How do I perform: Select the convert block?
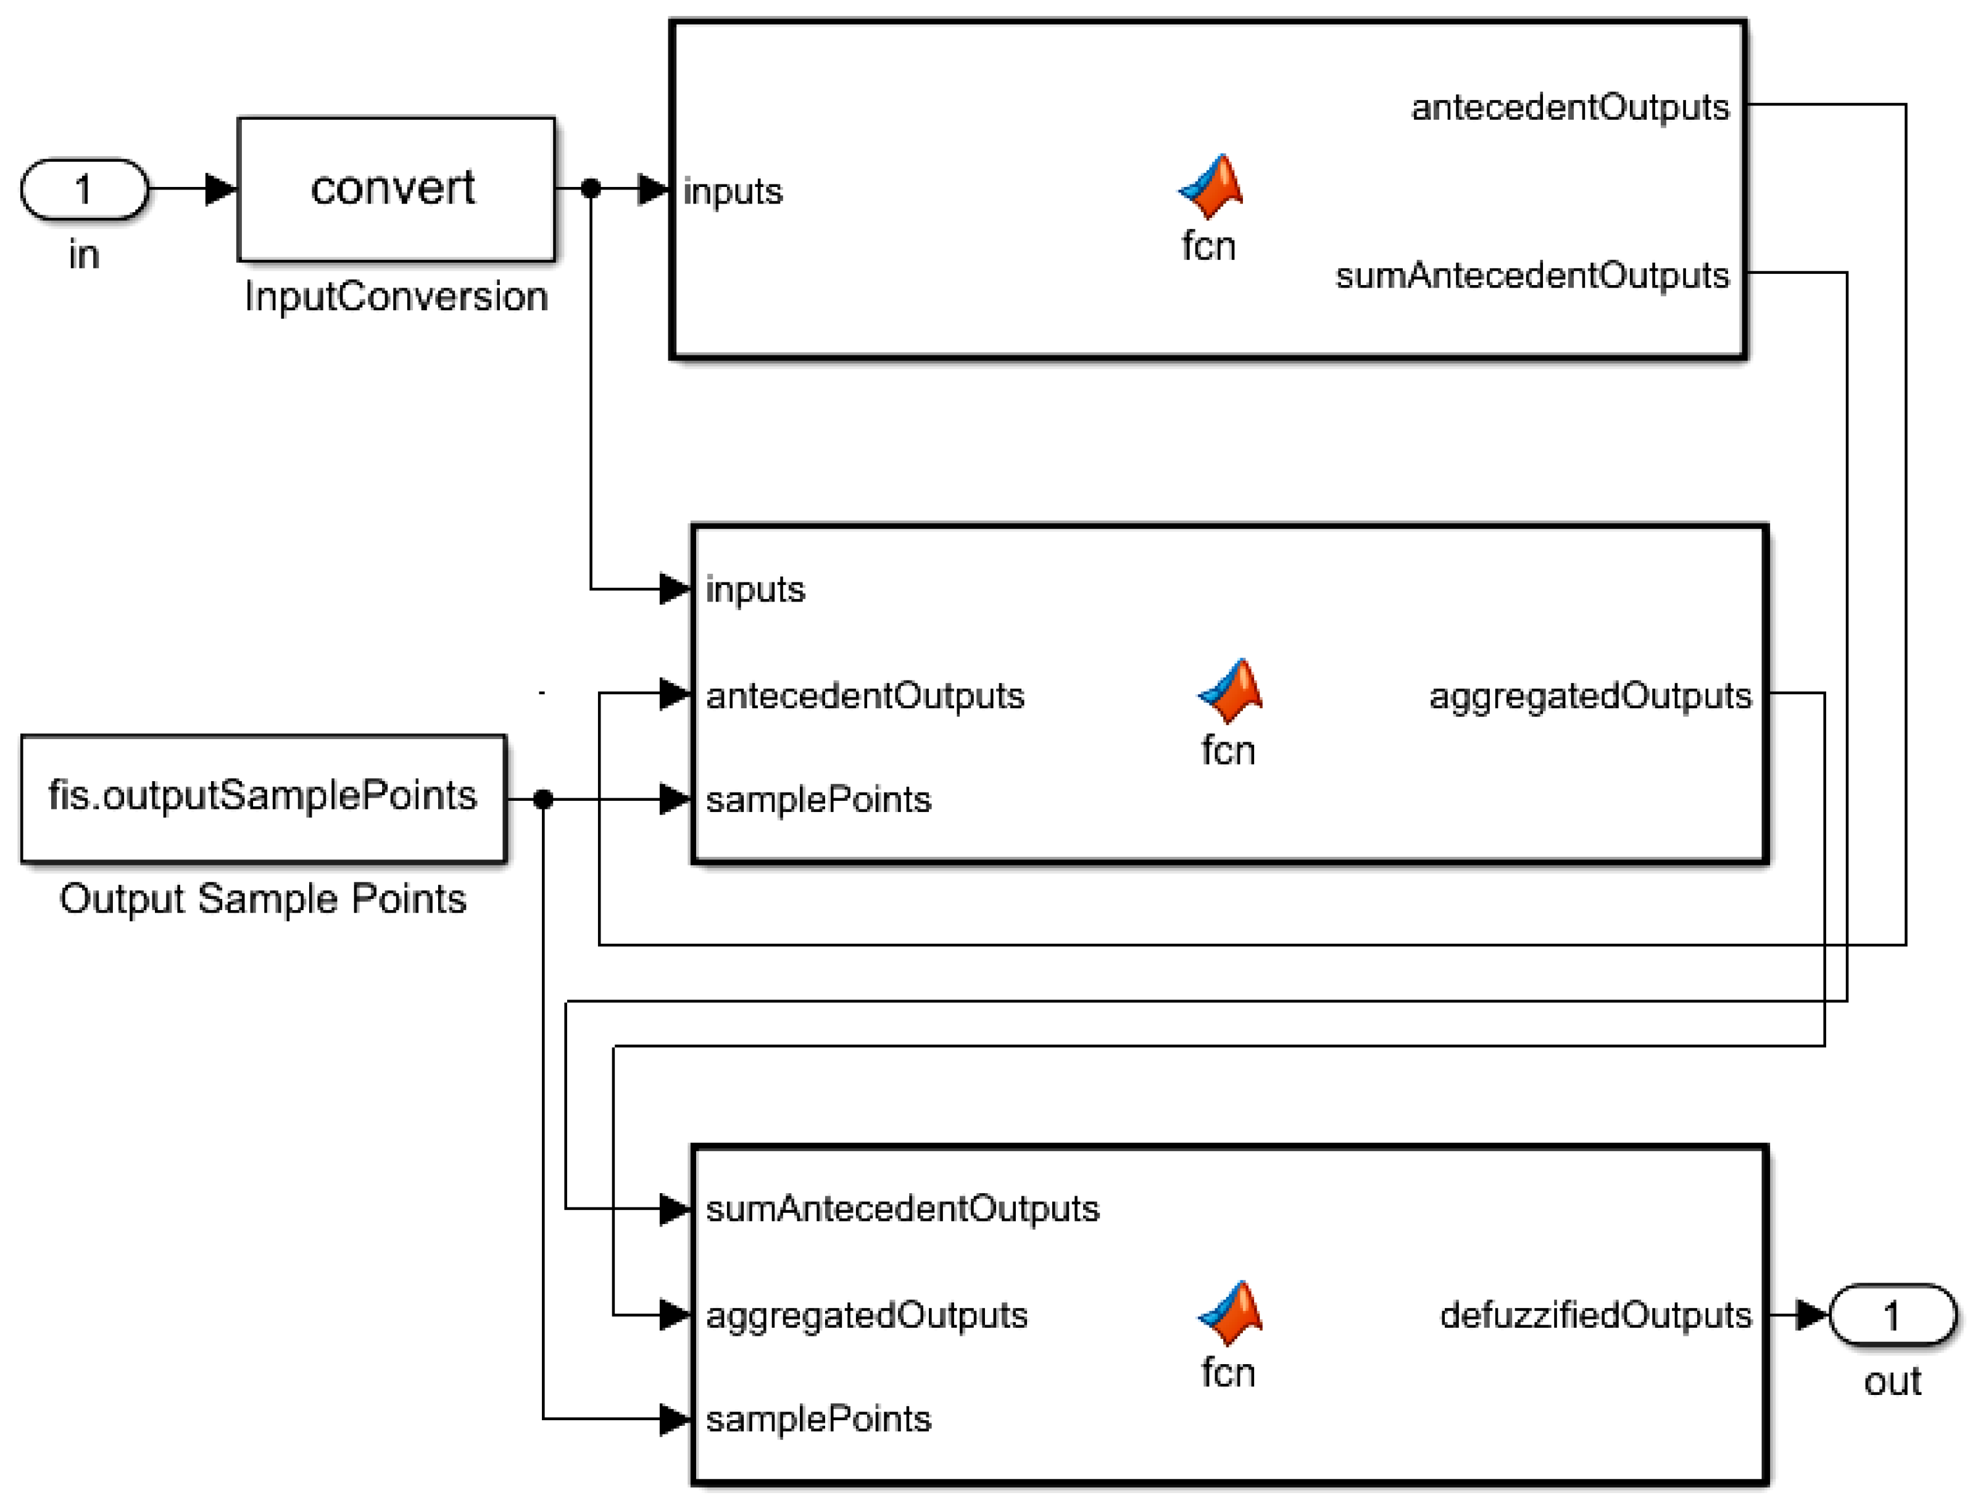[396, 189]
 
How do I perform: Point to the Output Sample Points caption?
[263, 898]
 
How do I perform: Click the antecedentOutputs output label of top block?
[1569, 107]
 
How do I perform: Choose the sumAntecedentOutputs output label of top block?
[1531, 275]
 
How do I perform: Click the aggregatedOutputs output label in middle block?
[1590, 696]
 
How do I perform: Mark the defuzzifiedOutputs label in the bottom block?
[1595, 1315]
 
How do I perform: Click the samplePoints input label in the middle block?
[818, 800]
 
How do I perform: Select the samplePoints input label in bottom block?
[818, 1419]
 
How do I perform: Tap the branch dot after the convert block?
[591, 188]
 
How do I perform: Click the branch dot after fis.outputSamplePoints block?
[542, 799]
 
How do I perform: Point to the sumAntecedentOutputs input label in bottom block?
[902, 1209]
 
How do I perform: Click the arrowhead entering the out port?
[1811, 1315]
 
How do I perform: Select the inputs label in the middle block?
[755, 590]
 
